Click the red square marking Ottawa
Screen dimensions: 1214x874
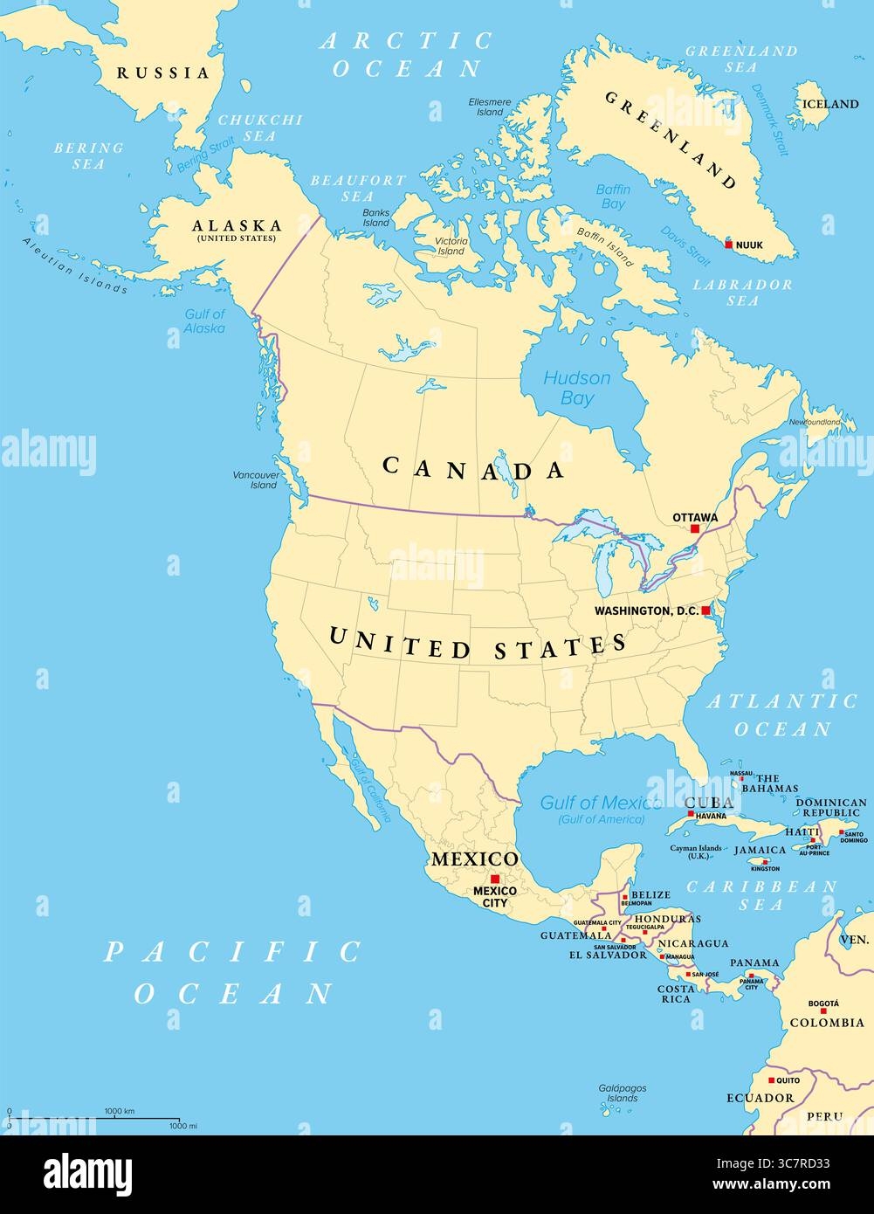tap(695, 529)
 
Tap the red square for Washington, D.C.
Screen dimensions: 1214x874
tap(705, 610)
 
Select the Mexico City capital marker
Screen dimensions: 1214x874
tap(495, 879)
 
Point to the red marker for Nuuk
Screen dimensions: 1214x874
tap(729, 245)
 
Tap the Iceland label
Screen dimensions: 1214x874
tap(830, 104)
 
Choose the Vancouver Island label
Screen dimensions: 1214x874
tap(255, 479)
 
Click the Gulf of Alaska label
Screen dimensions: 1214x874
tap(205, 321)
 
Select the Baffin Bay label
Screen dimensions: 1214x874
tap(613, 197)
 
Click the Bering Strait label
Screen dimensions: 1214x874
tap(206, 155)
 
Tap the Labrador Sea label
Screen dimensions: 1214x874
tap(743, 293)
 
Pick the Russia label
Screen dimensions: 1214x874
tap(164, 73)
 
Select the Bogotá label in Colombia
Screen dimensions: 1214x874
tap(824, 1004)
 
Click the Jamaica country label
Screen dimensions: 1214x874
tap(760, 850)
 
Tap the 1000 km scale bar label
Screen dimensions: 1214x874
tap(120, 1111)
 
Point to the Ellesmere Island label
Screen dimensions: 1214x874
tap(491, 107)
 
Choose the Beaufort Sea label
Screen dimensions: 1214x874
tap(358, 188)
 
